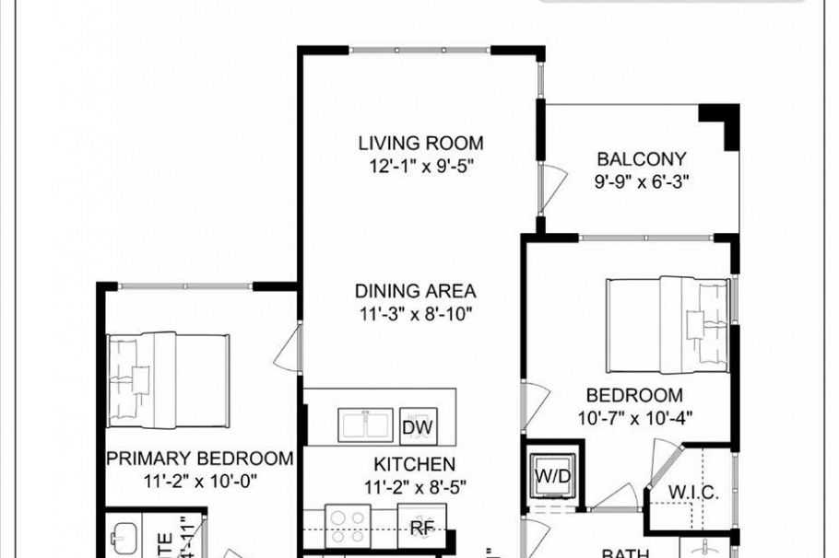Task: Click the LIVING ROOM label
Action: click(420, 143)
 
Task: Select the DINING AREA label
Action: click(417, 291)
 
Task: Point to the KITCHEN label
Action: click(414, 464)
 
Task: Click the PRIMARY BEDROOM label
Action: click(200, 458)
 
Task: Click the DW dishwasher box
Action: click(418, 428)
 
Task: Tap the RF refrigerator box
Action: click(422, 528)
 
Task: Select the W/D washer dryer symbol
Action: click(553, 477)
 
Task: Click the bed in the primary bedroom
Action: click(167, 380)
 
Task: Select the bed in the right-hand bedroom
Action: click(668, 324)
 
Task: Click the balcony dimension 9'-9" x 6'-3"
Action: click(643, 181)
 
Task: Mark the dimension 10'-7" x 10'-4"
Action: click(634, 417)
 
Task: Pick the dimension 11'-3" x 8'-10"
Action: click(417, 314)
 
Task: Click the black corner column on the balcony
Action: click(722, 123)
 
